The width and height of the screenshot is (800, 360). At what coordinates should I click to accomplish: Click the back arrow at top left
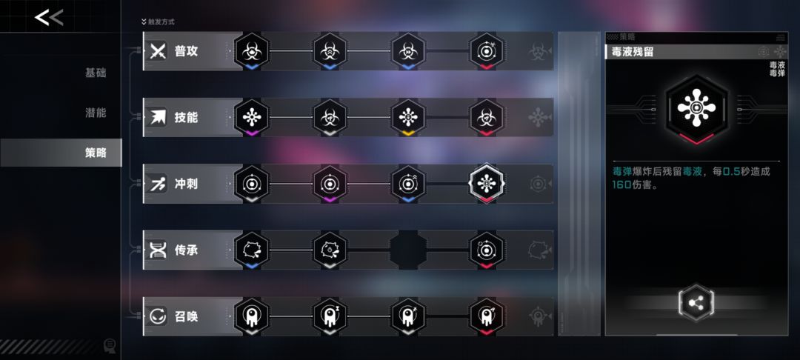pyautogui.click(x=48, y=17)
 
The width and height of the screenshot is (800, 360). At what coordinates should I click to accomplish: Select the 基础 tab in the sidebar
pyautogui.click(x=96, y=73)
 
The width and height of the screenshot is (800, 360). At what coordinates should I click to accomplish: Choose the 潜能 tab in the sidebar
pyautogui.click(x=96, y=112)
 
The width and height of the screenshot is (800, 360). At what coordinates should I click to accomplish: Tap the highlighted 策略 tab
pyautogui.click(x=96, y=153)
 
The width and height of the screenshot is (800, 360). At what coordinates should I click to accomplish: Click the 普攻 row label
pyautogui.click(x=186, y=51)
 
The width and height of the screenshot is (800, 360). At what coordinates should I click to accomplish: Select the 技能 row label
pyautogui.click(x=186, y=117)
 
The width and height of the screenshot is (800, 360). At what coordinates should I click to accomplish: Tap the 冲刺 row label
pyautogui.click(x=186, y=184)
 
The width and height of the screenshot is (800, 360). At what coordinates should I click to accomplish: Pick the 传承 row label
pyautogui.click(x=186, y=250)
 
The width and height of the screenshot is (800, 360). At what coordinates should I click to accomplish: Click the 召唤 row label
pyautogui.click(x=186, y=316)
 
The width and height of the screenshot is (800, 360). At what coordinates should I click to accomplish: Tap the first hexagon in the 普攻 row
pyautogui.click(x=252, y=51)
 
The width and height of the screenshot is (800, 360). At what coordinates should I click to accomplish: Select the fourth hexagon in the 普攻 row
pyautogui.click(x=487, y=51)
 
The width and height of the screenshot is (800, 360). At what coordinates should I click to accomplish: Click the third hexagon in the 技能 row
pyautogui.click(x=408, y=117)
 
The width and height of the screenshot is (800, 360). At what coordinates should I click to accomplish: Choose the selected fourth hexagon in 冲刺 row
pyautogui.click(x=487, y=184)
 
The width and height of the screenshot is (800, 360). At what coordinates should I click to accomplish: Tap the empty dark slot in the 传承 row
pyautogui.click(x=408, y=250)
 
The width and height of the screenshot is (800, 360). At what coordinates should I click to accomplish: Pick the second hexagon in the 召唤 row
pyautogui.click(x=330, y=316)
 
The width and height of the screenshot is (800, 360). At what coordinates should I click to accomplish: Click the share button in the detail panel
pyautogui.click(x=696, y=303)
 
